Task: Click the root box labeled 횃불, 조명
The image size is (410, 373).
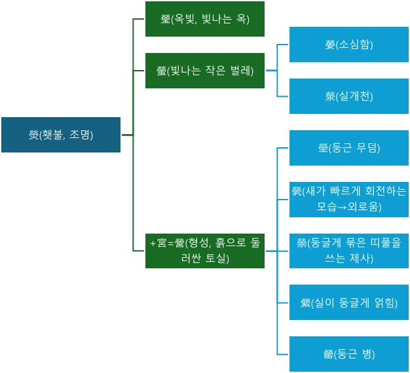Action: pyautogui.click(x=60, y=135)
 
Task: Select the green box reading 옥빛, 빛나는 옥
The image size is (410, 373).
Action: pyautogui.click(x=204, y=19)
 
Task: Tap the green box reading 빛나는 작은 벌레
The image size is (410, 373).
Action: pyautogui.click(x=204, y=71)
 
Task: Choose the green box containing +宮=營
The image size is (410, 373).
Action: pyautogui.click(x=204, y=250)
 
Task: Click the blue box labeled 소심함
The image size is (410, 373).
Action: pyautogui.click(x=348, y=44)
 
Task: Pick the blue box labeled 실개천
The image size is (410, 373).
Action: pyautogui.click(x=348, y=96)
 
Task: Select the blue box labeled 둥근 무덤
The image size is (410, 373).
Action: pyautogui.click(x=348, y=148)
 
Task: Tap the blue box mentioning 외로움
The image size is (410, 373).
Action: pyautogui.click(x=348, y=199)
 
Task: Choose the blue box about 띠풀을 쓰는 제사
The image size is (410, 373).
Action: pyautogui.click(x=348, y=250)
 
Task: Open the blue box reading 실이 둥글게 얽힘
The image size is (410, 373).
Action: pyautogui.click(x=348, y=302)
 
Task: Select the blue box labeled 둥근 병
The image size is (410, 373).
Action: pyautogui.click(x=348, y=354)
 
